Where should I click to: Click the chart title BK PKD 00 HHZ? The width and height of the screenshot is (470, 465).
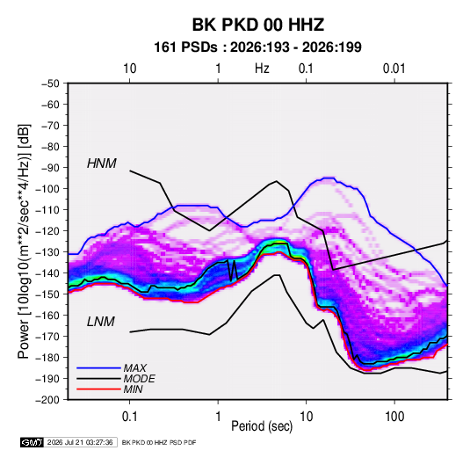tap(257, 25)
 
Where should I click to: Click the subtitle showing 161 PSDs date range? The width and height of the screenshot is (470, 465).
tap(257, 47)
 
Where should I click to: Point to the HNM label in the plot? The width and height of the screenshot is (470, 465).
tap(102, 163)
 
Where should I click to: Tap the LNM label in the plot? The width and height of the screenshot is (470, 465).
tap(101, 322)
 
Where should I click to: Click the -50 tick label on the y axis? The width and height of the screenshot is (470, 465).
tap(51, 84)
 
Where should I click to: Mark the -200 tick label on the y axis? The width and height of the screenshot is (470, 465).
tap(48, 400)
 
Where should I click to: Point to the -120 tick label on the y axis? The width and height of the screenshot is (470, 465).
tap(48, 231)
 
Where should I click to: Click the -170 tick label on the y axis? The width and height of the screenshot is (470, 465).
tap(48, 337)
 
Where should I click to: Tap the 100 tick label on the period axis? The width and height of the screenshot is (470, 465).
tap(394, 417)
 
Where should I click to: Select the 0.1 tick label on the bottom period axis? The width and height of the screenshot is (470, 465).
tap(129, 417)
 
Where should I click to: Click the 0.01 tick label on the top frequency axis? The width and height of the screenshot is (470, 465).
tap(394, 69)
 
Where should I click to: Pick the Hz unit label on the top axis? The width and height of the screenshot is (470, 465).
tap(262, 69)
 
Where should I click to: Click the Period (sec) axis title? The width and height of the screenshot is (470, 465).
tap(262, 426)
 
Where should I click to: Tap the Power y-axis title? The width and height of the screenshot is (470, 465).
tap(24, 242)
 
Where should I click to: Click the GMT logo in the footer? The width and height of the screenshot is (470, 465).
tap(33, 442)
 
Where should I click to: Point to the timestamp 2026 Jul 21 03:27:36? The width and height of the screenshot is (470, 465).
tap(80, 442)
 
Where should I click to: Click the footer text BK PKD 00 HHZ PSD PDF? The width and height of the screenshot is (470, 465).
tap(159, 442)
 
